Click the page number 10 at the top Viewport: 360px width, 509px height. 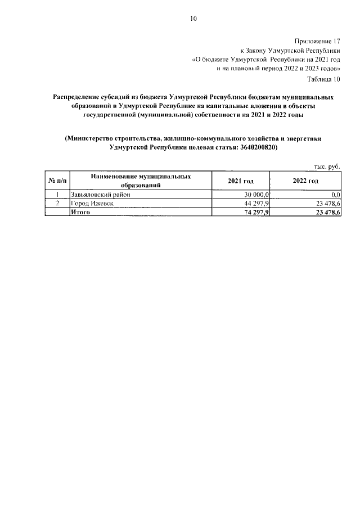point(193,19)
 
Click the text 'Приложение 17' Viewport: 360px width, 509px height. point(317,41)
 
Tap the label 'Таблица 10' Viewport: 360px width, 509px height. point(322,79)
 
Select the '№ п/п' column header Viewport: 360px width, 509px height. point(56,181)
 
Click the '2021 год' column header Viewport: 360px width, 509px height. point(240,181)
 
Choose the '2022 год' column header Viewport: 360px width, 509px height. point(305,181)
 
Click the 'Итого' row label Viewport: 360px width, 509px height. point(80,213)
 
